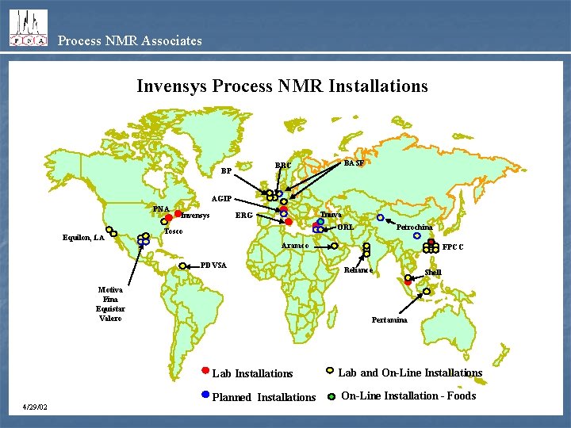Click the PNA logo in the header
point(28,29)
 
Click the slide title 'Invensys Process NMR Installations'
point(282,86)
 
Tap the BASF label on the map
point(354,162)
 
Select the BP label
point(226,170)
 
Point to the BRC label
point(283,166)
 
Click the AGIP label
point(221,198)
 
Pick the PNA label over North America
point(162,209)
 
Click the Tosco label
point(174,231)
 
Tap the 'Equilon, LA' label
point(83,237)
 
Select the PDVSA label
point(214,264)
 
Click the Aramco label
point(295,246)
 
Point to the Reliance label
point(358,270)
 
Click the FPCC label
point(454,247)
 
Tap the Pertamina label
point(389,320)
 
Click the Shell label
point(433,273)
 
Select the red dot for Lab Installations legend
point(205,370)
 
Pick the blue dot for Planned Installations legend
point(205,394)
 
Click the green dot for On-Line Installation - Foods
point(331,396)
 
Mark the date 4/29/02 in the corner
point(35,407)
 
